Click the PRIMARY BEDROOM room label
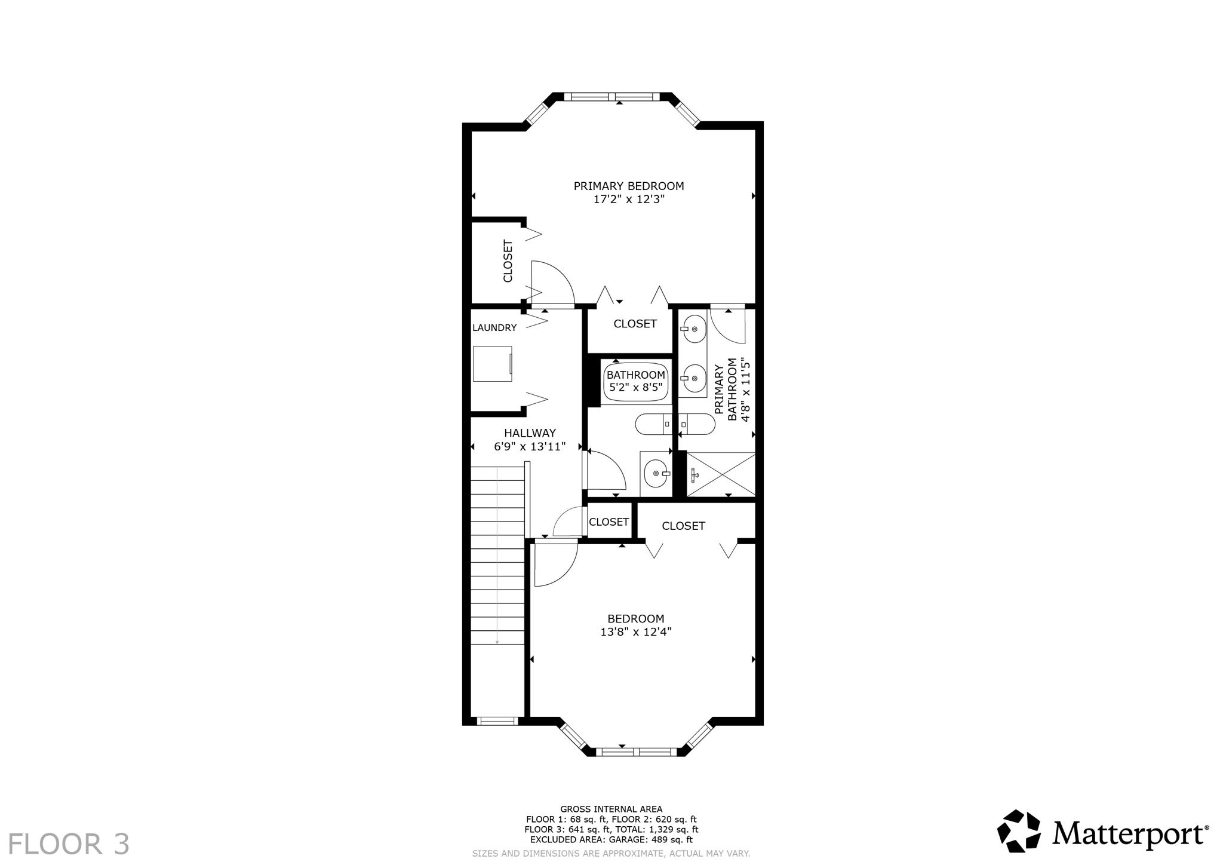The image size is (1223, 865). click(629, 186)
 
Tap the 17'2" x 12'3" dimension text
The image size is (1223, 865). click(629, 200)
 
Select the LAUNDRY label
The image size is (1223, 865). click(494, 327)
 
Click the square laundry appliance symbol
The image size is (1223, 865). click(493, 363)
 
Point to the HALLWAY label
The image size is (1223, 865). click(530, 433)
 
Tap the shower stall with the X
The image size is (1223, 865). click(721, 474)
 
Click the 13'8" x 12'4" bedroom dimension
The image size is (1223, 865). click(636, 632)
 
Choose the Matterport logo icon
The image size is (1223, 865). click(1019, 831)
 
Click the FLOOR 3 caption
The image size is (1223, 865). click(68, 844)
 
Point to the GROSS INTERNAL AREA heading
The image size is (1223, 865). click(611, 809)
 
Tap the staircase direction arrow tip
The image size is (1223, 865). click(497, 643)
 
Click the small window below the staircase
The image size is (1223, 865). click(497, 721)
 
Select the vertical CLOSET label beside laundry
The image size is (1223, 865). click(508, 261)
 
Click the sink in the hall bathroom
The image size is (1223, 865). click(656, 474)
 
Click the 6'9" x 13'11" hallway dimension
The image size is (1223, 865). click(530, 446)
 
